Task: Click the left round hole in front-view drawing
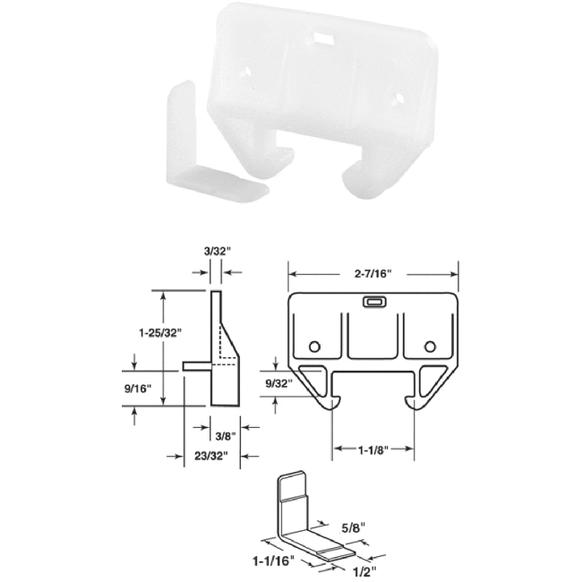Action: tap(313, 347)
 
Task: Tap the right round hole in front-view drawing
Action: tap(431, 347)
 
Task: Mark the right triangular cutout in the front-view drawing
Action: tap(432, 376)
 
